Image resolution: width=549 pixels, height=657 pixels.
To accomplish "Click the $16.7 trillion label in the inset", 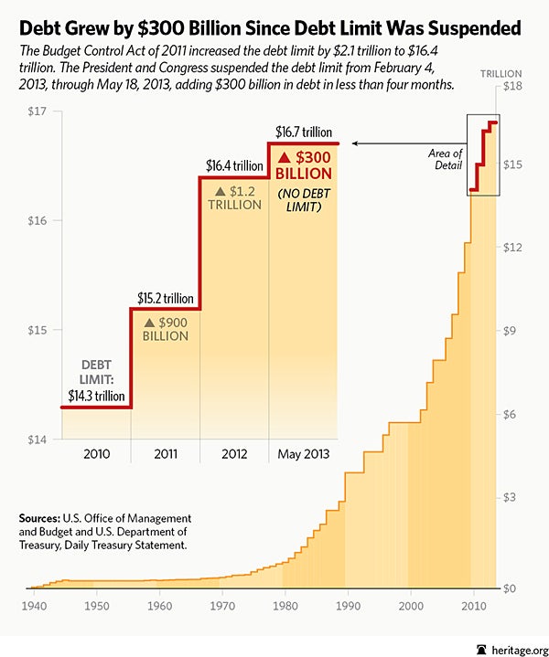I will tap(304, 132).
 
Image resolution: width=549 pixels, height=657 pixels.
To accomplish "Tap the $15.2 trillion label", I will tap(165, 298).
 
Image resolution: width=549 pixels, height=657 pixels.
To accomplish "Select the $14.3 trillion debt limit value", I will tap(95, 397).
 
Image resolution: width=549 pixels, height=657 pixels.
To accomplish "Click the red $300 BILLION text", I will tap(304, 167).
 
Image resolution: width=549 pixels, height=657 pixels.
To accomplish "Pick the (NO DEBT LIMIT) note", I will tap(303, 198).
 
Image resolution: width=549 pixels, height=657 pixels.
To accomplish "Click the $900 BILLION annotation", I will tap(165, 328).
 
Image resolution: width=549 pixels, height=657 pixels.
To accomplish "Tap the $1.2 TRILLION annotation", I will tap(233, 198).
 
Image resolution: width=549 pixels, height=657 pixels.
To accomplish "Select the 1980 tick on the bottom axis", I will tap(285, 605).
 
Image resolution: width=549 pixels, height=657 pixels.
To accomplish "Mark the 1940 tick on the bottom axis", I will tap(36, 605).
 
